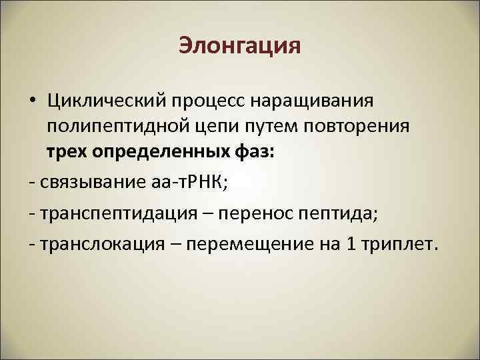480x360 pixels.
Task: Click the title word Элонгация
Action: [240, 47]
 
